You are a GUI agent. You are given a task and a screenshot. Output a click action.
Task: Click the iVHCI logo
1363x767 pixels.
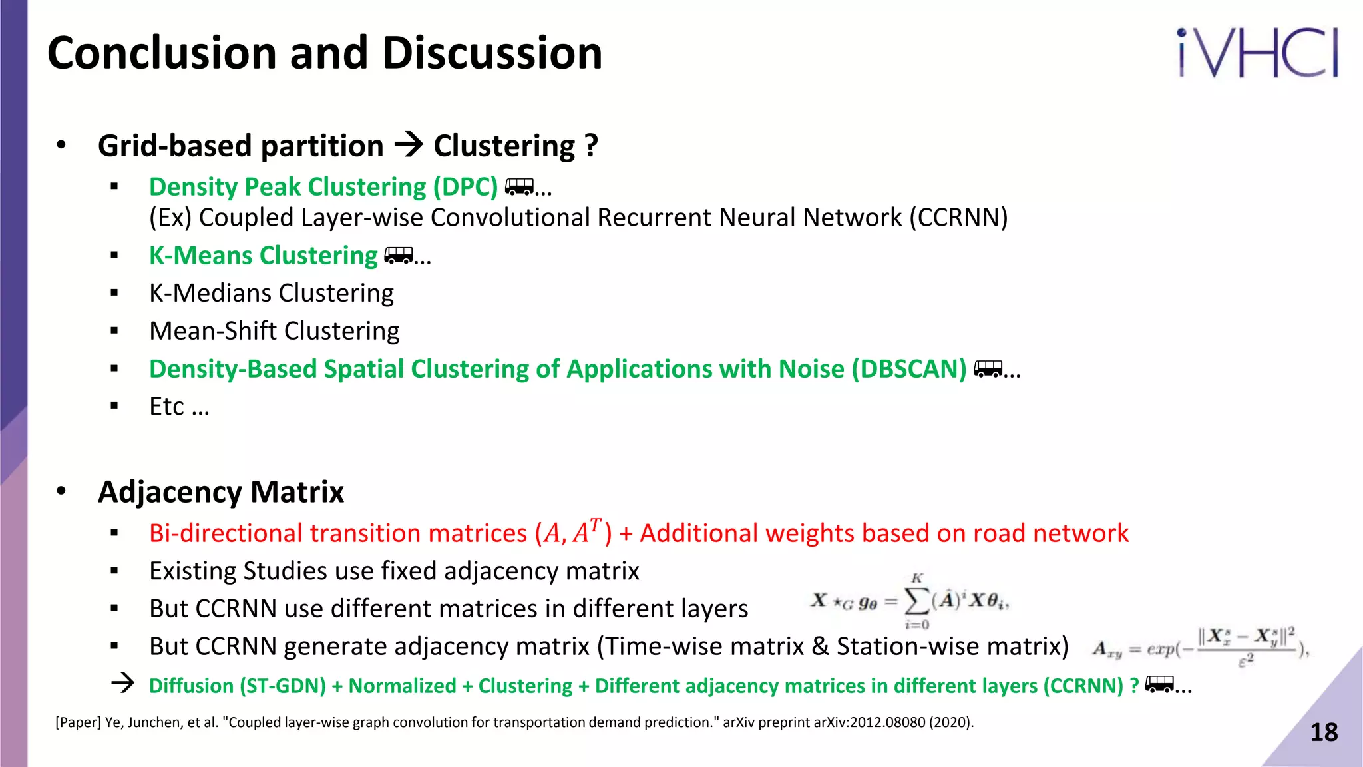click(x=1257, y=53)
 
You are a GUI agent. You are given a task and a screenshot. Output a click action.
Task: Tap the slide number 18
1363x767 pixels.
click(x=1323, y=732)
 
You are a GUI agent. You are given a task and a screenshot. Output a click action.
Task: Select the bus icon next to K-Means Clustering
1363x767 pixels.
click(x=399, y=256)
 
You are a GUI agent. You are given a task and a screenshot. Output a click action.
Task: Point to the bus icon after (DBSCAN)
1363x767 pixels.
click(x=988, y=368)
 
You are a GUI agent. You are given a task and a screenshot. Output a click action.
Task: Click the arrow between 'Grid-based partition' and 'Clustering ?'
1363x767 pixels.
click(x=409, y=144)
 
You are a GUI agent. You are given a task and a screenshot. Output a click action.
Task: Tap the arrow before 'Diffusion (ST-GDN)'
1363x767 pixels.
click(x=123, y=684)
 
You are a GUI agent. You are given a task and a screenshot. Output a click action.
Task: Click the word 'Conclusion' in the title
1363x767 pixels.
click(x=162, y=53)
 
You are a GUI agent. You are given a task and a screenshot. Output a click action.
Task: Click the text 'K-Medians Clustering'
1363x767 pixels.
click(x=271, y=293)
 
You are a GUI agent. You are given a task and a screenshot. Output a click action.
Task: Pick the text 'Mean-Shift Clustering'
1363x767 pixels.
click(x=274, y=331)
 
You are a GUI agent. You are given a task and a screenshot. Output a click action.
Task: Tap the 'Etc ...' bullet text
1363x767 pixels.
click(x=179, y=407)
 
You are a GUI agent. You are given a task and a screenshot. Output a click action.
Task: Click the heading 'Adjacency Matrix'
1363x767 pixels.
click(x=221, y=492)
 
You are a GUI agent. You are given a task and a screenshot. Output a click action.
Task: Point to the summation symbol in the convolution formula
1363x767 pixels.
click(x=917, y=601)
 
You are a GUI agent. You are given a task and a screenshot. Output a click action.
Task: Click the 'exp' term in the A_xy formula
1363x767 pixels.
click(x=1159, y=649)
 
